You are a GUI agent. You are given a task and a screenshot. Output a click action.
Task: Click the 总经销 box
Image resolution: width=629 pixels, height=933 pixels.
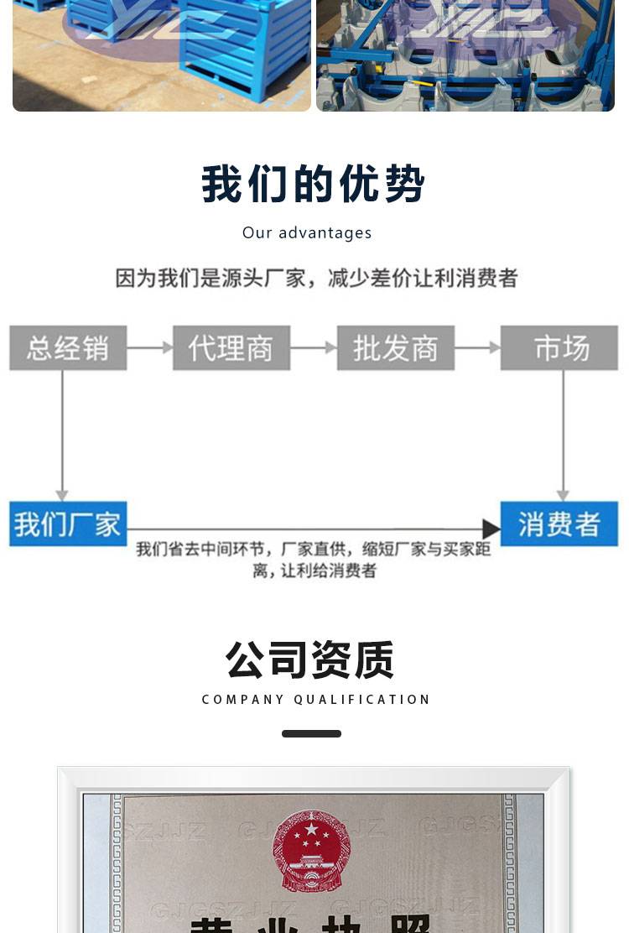point(68,348)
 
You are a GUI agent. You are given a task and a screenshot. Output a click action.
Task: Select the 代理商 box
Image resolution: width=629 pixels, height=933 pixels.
point(231,348)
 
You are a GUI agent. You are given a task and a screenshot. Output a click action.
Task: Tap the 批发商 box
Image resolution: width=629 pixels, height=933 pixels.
point(396,348)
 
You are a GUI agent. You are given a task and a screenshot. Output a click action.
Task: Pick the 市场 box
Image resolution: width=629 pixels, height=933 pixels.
point(559,348)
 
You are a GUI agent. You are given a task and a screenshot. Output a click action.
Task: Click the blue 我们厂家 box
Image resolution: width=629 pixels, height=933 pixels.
point(68,524)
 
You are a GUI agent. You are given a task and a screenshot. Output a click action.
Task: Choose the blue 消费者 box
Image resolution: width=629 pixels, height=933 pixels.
point(559,524)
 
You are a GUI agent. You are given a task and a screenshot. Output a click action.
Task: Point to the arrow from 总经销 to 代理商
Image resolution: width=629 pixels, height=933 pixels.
point(150,347)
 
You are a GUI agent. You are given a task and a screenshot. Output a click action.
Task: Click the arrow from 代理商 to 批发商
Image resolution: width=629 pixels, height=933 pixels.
point(314,347)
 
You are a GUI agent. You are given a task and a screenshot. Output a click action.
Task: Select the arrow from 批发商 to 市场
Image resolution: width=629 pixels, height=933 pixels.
point(477,347)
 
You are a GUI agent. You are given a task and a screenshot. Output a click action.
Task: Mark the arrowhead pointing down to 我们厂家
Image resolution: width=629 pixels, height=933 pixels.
point(62,495)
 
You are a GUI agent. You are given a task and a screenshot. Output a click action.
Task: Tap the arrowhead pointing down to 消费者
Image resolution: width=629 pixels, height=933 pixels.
point(563,495)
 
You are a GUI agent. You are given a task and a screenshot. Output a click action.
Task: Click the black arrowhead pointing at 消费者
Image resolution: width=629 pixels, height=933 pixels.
point(491,529)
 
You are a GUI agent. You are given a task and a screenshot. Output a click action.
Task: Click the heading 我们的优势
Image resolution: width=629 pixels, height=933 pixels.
point(314,184)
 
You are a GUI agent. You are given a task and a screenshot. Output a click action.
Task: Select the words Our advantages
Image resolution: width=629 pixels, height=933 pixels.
point(307,233)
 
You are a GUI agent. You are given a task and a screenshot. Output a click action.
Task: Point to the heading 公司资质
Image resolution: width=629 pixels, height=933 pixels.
point(310,659)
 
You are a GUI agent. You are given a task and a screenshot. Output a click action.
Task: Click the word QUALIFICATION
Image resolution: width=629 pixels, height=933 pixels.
point(362,700)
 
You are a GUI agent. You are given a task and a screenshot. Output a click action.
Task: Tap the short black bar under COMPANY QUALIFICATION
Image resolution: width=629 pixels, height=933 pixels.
point(311,734)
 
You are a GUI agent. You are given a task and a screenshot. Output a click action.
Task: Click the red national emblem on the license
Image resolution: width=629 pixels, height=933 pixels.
point(311,850)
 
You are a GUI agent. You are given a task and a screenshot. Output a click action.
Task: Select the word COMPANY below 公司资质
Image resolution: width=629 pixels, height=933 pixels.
point(244,700)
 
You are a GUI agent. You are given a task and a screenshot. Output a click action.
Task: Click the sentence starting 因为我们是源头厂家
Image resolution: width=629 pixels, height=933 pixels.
point(316,279)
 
